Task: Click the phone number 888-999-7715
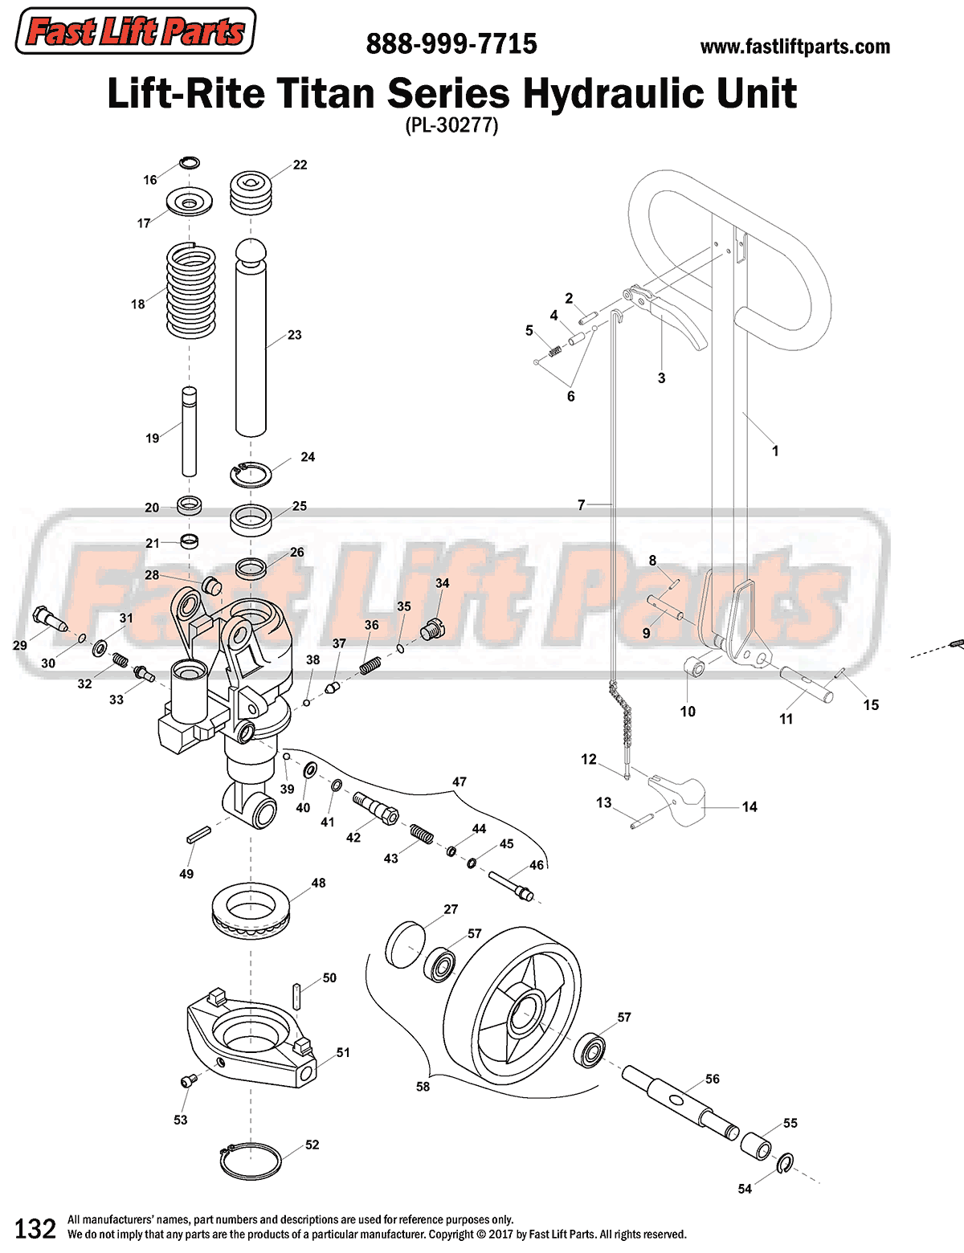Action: [451, 44]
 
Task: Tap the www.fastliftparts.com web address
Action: [794, 47]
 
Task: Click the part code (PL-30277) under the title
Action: [451, 125]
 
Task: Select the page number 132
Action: [35, 1228]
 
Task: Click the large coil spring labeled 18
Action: [191, 291]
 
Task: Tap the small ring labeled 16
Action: [189, 163]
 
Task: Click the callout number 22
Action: [300, 165]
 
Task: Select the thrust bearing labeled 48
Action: [251, 914]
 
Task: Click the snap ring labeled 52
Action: [250, 1161]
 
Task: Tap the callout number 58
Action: [423, 1087]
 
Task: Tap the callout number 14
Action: [750, 806]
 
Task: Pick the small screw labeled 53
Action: [188, 1082]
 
